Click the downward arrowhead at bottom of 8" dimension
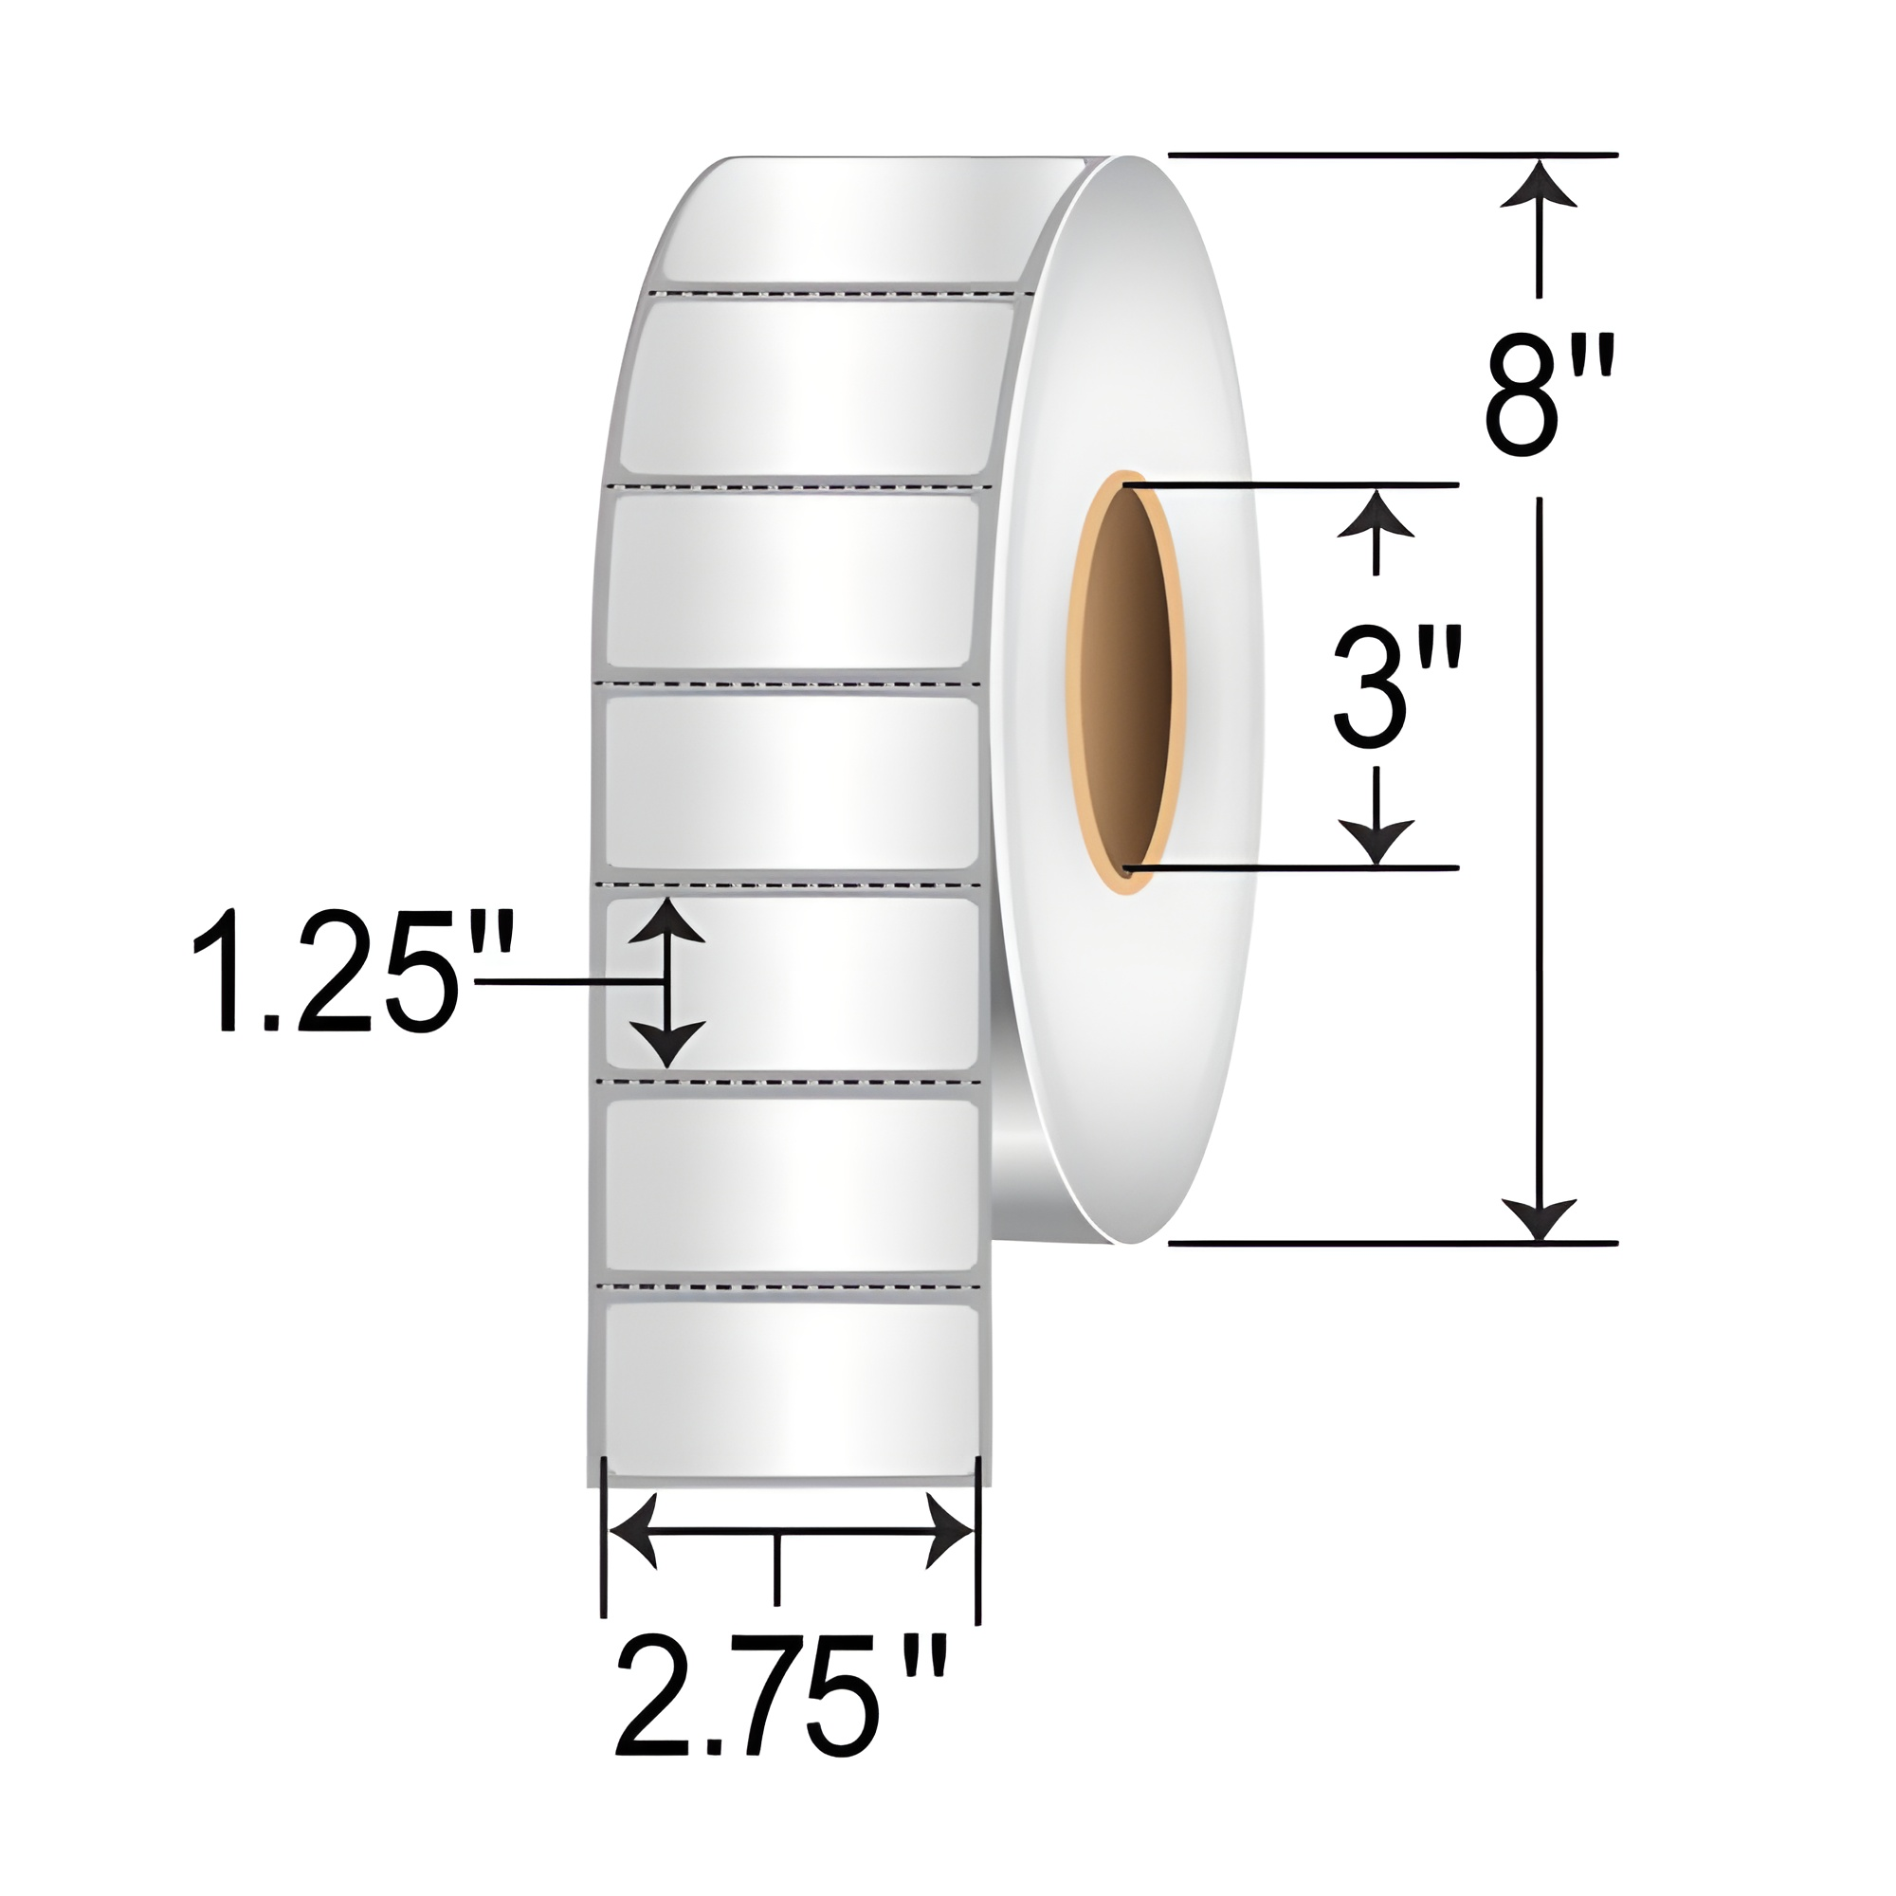point(1538,1221)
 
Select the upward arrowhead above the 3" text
point(1377,514)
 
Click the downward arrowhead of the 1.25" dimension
point(667,1044)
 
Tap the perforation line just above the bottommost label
point(791,1285)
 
